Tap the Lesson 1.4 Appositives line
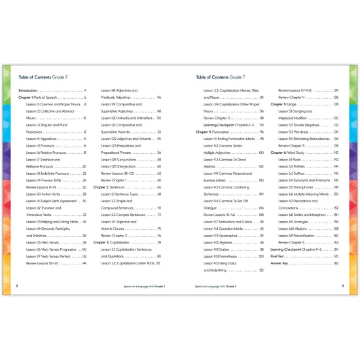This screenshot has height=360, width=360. pos(45,139)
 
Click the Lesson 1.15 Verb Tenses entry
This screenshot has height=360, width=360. pos(46,243)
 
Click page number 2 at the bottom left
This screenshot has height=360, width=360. pos(16,285)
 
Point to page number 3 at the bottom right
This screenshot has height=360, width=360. pos(342,285)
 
